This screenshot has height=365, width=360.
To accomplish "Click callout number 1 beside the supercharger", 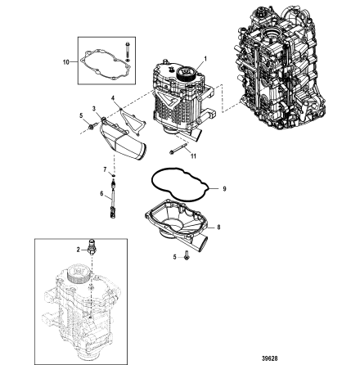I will click(x=204, y=59).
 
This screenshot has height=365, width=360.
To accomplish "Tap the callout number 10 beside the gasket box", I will click(x=65, y=61).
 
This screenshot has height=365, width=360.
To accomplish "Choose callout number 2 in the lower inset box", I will click(x=79, y=248).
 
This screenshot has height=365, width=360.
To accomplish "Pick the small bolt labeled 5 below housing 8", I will click(x=187, y=256).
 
